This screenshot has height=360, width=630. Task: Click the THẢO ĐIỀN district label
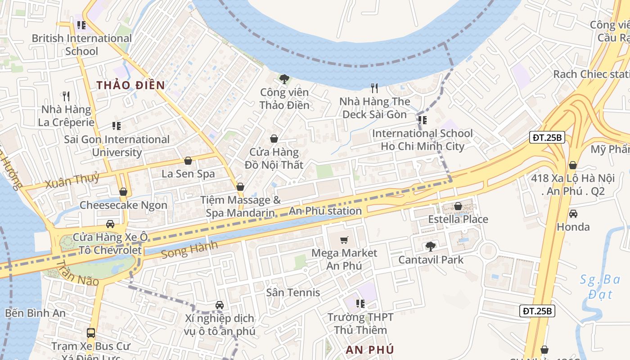pos(130,85)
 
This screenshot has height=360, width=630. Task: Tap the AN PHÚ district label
pos(370,350)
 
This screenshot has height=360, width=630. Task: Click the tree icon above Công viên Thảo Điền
pos(284,80)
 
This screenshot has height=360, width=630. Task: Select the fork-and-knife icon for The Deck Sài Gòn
pos(374,88)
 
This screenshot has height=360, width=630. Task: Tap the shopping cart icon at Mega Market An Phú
pos(344,240)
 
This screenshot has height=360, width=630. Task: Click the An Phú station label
pos(325,211)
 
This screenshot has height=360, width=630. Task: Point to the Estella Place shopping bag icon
pos(458,207)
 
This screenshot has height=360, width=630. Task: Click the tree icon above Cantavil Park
pos(431,247)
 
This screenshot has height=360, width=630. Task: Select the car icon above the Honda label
pos(573,213)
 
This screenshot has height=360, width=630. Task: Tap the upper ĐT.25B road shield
pos(547,138)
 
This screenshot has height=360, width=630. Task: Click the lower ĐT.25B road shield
pos(537,310)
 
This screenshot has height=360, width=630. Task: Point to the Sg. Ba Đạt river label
pos(600,287)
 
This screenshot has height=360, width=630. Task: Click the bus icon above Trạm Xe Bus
pos(91,333)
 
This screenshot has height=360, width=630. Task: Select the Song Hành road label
pos(189,250)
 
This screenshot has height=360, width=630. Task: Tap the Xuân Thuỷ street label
pos(72,180)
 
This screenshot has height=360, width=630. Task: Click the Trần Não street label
pos(78,273)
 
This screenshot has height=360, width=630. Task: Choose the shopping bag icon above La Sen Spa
pos(188,161)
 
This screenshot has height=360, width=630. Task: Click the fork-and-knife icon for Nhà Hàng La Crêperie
pos(66,96)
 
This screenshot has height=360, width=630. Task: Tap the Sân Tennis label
pos(293,292)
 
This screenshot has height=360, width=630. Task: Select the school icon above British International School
pos(81,25)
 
